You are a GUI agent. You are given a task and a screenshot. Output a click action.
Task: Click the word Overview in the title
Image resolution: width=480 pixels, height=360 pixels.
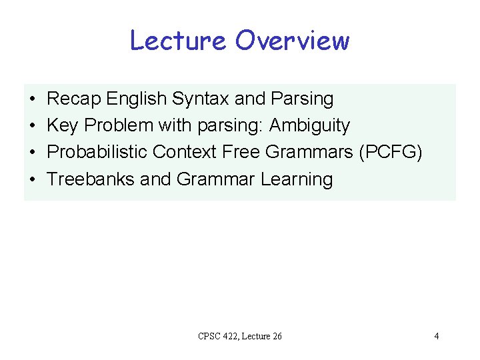point(292,41)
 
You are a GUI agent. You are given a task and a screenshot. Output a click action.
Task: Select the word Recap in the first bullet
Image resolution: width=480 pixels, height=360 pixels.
point(74,99)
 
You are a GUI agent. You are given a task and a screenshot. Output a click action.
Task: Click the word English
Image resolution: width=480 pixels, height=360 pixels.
point(137,99)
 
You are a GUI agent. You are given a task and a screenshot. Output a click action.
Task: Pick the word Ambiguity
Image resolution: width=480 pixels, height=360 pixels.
point(309,126)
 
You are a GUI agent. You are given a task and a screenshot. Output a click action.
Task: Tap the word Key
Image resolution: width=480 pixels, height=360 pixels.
point(62,126)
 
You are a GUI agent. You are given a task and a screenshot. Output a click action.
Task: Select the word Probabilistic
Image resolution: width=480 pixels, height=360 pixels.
point(97,153)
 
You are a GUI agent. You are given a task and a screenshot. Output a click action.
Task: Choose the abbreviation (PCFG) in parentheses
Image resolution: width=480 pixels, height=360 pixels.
point(391,153)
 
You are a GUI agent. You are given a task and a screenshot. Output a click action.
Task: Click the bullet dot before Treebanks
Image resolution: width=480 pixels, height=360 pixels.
point(32,180)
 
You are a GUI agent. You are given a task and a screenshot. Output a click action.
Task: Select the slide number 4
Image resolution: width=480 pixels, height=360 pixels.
point(436,336)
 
